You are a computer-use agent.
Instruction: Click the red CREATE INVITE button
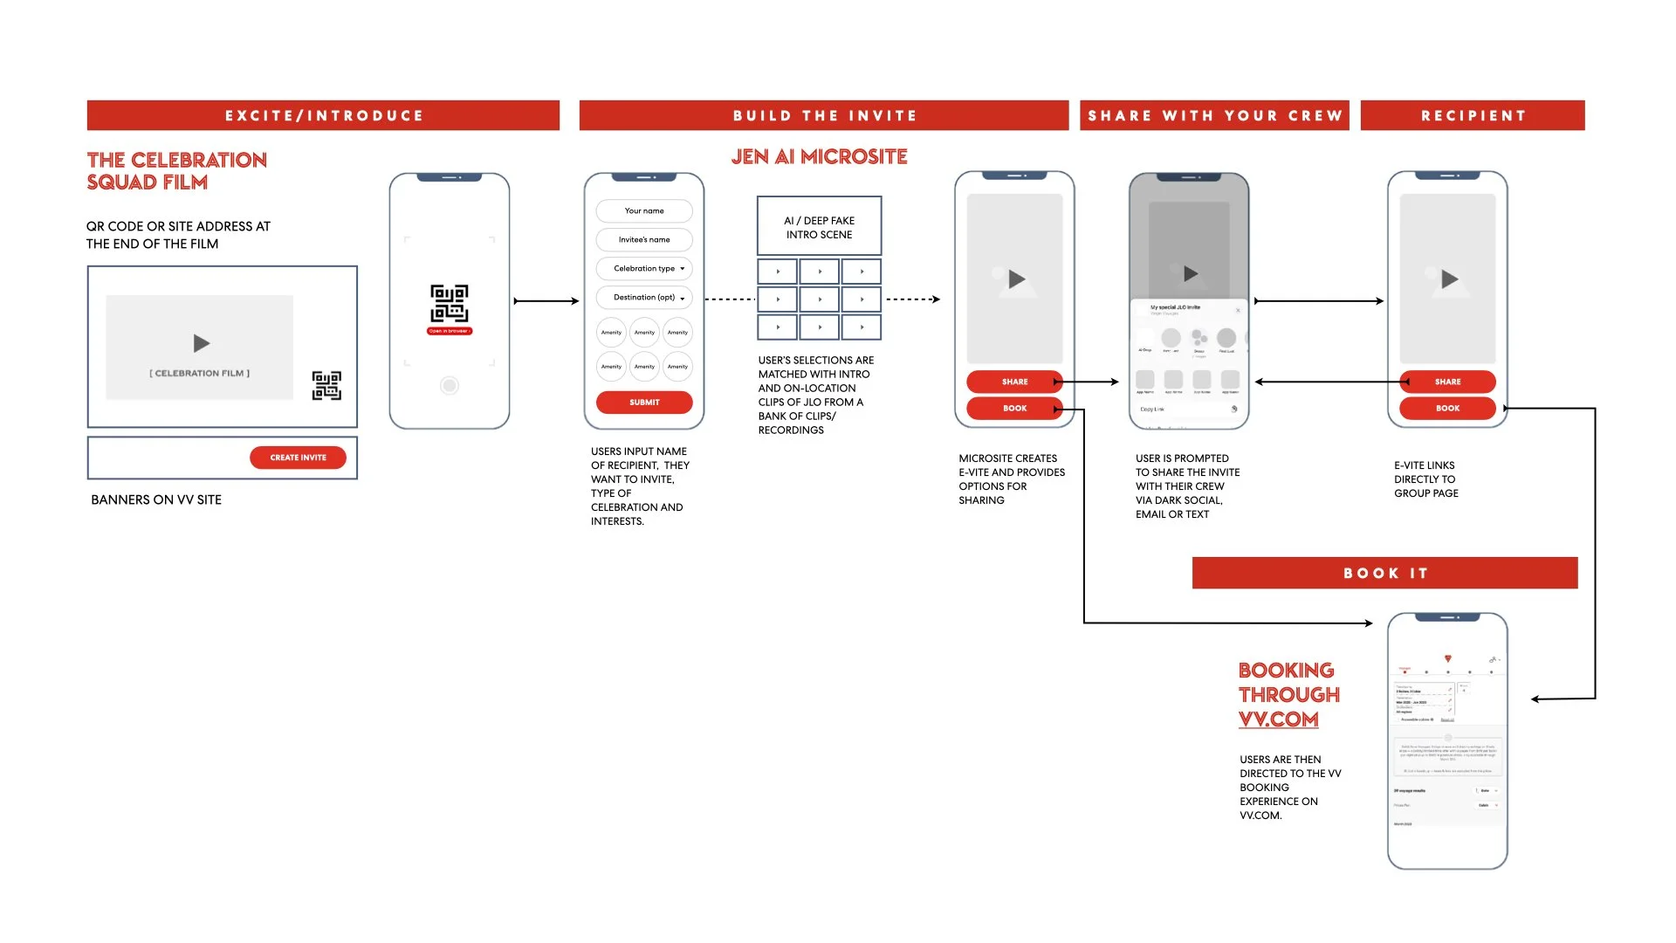[x=298, y=458]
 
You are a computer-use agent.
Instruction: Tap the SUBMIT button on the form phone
[x=644, y=403]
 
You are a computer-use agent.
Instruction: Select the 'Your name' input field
[x=644, y=211]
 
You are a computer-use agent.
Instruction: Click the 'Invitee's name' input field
[x=644, y=240]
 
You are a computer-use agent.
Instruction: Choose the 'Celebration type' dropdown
[x=644, y=269]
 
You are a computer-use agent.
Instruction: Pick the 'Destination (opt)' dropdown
[x=644, y=298]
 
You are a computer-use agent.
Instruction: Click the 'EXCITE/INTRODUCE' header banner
[x=323, y=115]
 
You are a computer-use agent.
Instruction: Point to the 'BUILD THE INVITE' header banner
[x=824, y=115]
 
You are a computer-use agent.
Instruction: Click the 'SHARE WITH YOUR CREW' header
[x=1214, y=115]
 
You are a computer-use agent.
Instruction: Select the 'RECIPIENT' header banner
[x=1473, y=115]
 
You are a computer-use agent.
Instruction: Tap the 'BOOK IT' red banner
[x=1384, y=573]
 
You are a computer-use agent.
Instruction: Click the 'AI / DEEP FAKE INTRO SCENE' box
[x=819, y=227]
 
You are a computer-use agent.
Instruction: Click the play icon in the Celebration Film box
[x=202, y=343]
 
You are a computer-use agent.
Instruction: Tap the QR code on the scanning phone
[x=450, y=304]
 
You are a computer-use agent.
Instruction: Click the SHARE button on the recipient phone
[x=1447, y=382]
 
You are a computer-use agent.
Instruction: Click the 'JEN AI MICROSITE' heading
[x=819, y=157]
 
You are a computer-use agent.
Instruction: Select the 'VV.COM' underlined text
[x=1278, y=719]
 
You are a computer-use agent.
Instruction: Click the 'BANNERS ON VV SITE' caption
[x=156, y=499]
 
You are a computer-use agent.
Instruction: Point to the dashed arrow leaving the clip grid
[x=912, y=299]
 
